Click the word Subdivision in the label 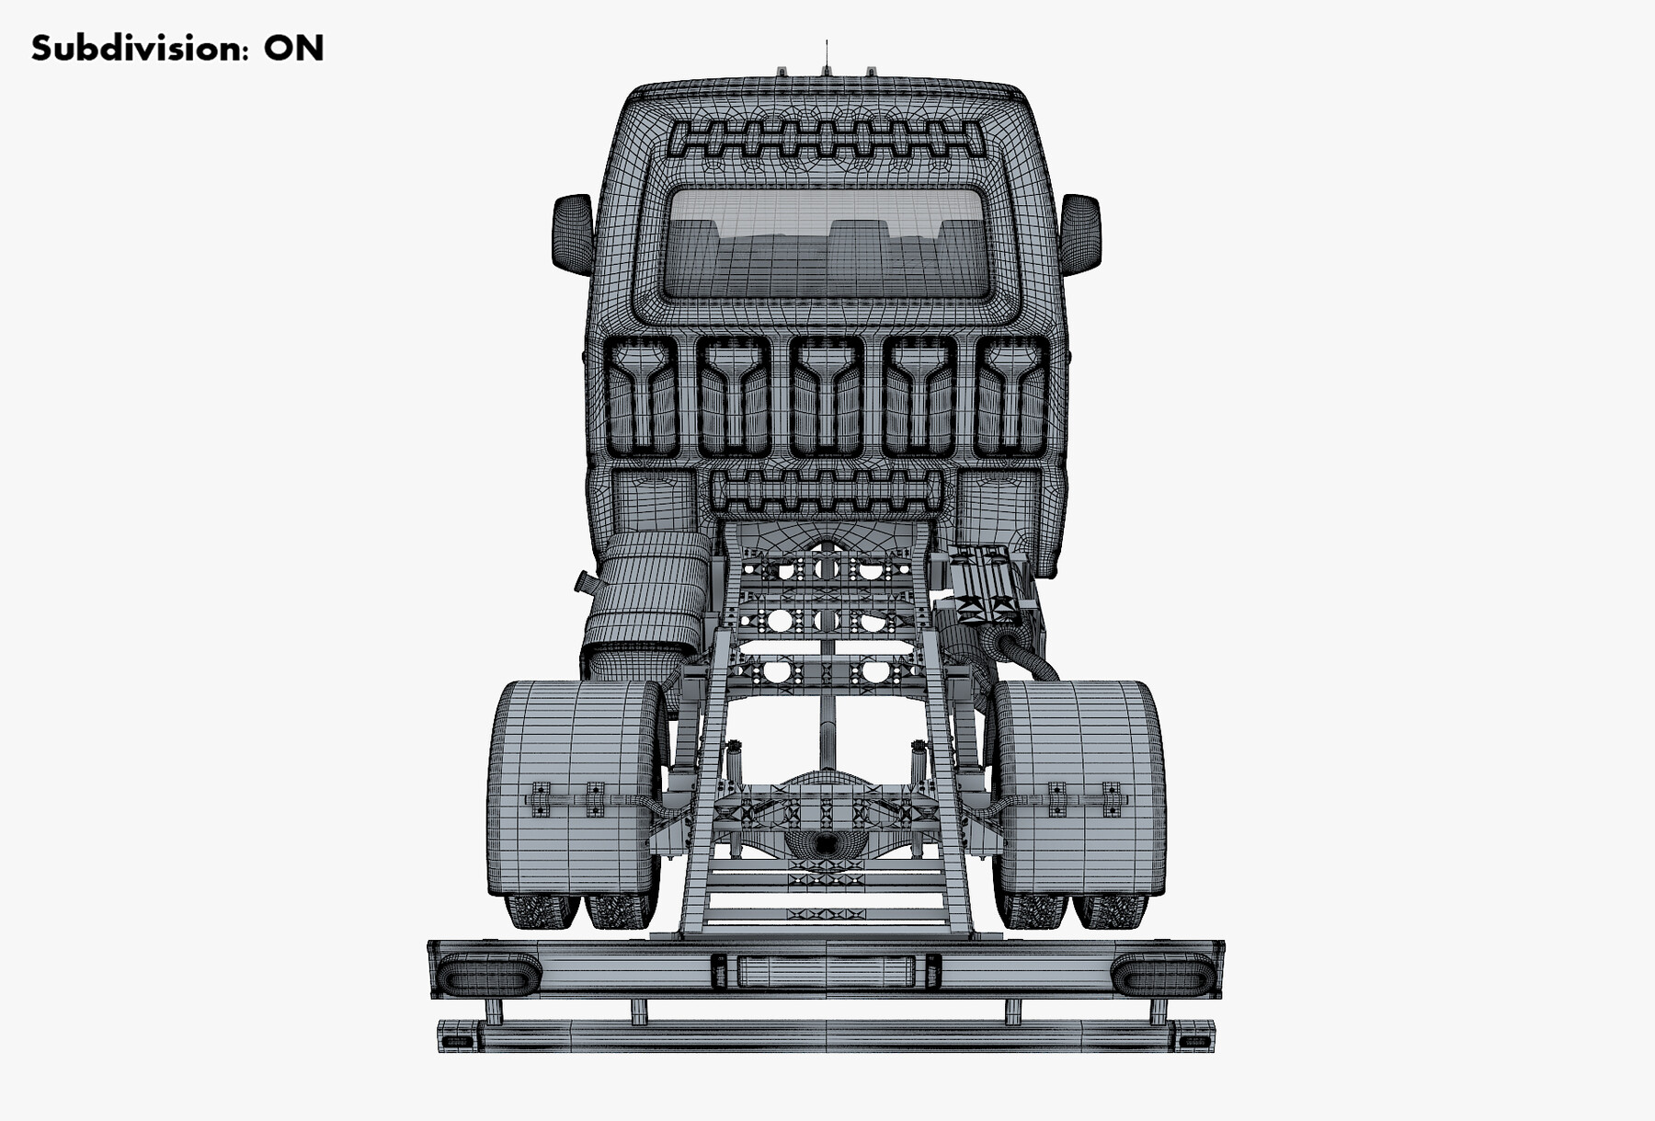(x=139, y=49)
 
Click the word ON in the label (x=293, y=49)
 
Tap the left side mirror (x=573, y=234)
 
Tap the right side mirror (x=1080, y=234)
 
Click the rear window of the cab (x=826, y=244)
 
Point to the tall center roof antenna (x=826, y=57)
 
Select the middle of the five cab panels (x=826, y=396)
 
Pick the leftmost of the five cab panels (x=642, y=396)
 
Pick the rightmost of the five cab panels (x=1010, y=396)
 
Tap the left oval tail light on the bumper (x=487, y=974)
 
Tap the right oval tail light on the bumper (x=1165, y=974)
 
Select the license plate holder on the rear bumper (x=826, y=971)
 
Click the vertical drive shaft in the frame (x=827, y=726)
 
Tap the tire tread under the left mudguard (x=542, y=910)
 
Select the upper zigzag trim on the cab (x=826, y=139)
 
